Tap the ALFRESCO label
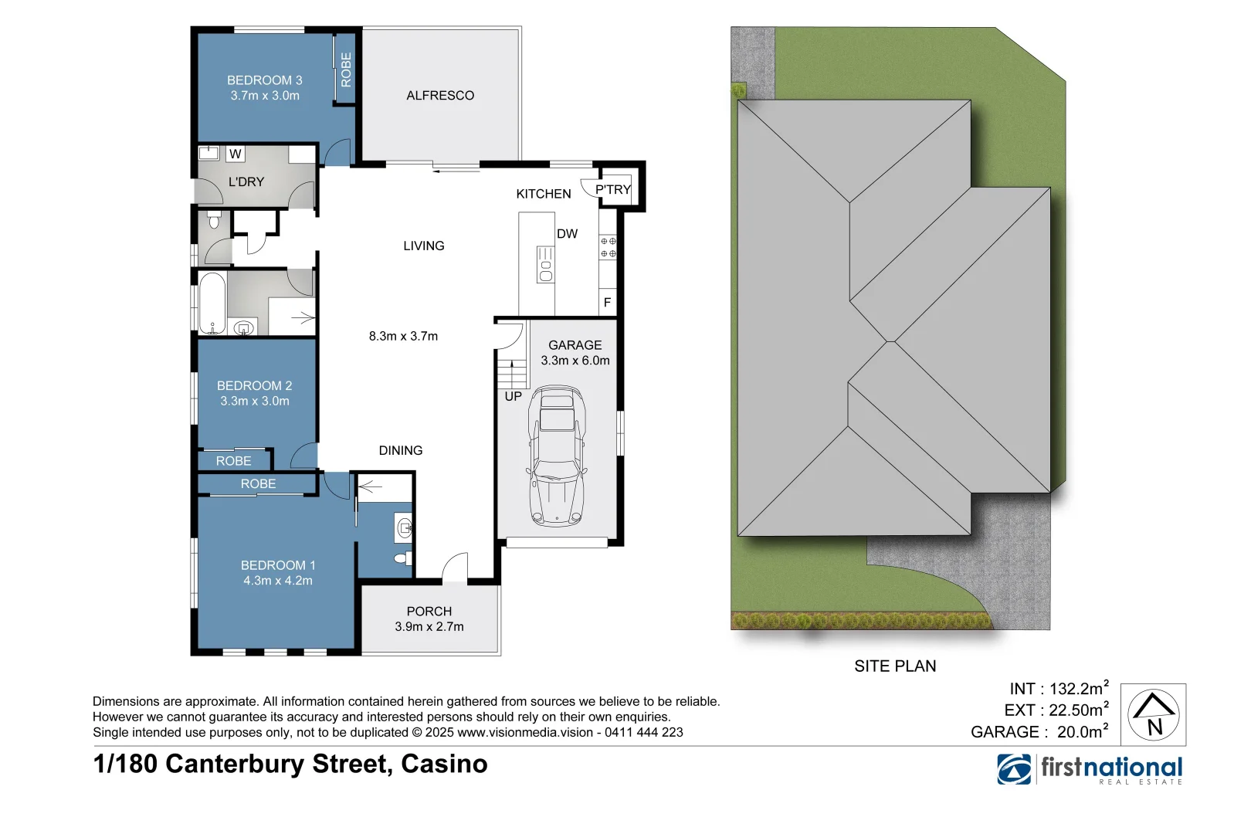click(x=440, y=96)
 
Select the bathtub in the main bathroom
click(x=212, y=303)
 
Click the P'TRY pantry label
click(x=613, y=189)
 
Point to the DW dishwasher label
click(x=567, y=234)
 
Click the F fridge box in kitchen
click(x=607, y=303)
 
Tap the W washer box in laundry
click(x=236, y=154)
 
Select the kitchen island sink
click(x=546, y=265)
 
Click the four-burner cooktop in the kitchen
click(x=608, y=247)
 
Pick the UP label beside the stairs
click(x=513, y=397)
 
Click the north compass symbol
click(x=1153, y=714)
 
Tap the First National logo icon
click(x=1014, y=769)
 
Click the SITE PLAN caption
click(x=895, y=666)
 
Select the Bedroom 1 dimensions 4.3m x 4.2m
click(x=278, y=581)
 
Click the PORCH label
click(x=429, y=611)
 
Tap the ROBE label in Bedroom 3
click(x=346, y=69)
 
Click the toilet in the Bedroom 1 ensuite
click(x=402, y=558)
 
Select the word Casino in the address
click(x=444, y=764)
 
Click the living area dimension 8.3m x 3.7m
click(x=403, y=336)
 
